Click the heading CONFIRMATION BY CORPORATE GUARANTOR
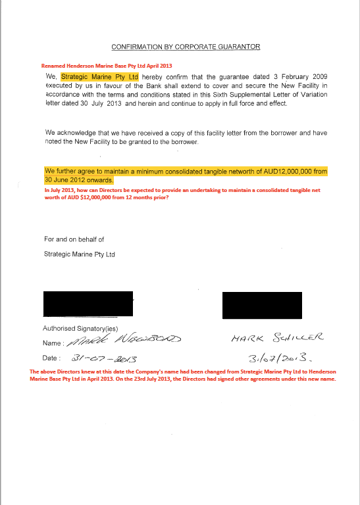click(186, 47)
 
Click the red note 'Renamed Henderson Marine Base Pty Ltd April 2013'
click(97, 66)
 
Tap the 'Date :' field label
click(52, 358)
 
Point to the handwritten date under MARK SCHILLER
click(272, 359)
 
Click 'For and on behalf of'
click(74, 239)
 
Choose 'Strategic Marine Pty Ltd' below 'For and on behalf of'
click(79, 254)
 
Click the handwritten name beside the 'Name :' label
click(124, 341)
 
